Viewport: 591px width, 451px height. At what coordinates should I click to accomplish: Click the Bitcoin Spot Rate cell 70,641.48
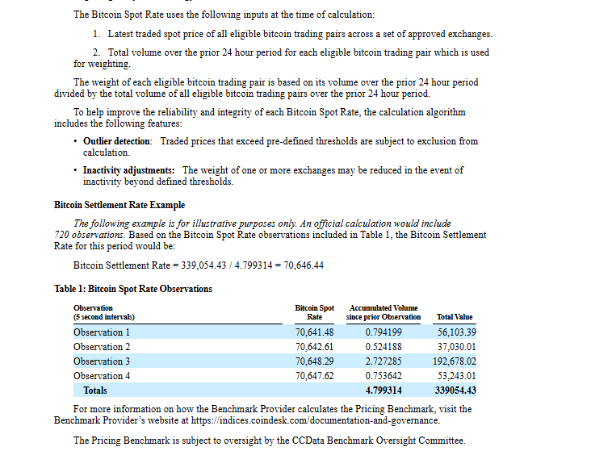pyautogui.click(x=315, y=332)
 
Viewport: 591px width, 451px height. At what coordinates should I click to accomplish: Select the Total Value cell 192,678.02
pyautogui.click(x=456, y=361)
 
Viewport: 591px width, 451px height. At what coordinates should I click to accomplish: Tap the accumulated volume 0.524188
pyautogui.click(x=384, y=347)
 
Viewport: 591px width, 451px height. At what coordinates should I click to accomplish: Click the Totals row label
pyautogui.click(x=95, y=390)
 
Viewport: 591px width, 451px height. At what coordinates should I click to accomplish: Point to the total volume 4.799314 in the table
pyautogui.click(x=384, y=390)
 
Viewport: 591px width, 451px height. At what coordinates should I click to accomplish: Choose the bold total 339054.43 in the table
pyautogui.click(x=455, y=390)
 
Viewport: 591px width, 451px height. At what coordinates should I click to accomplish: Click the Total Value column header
pyautogui.click(x=455, y=317)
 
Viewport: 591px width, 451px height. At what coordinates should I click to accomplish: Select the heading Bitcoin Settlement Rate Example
pyautogui.click(x=119, y=205)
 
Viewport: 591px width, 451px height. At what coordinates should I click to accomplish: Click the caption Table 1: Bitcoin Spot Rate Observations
pyautogui.click(x=133, y=289)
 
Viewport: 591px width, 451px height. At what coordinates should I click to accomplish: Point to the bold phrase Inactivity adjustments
pyautogui.click(x=128, y=170)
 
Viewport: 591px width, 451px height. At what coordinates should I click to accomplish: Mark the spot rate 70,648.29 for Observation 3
pyautogui.click(x=315, y=361)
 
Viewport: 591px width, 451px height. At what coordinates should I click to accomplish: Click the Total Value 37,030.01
pyautogui.click(x=456, y=347)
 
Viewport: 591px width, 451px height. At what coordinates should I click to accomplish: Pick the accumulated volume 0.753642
pyautogui.click(x=384, y=376)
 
